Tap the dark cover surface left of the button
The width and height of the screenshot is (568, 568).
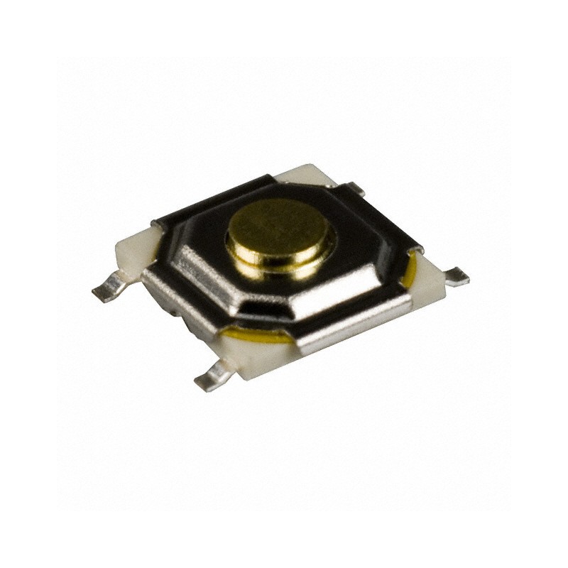pos(195,224)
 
